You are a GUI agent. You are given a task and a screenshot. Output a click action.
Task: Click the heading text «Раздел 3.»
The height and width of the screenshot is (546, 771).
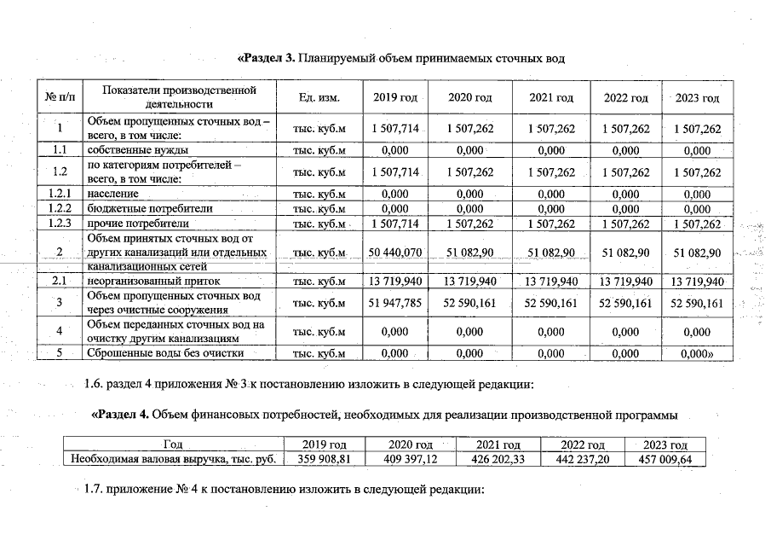point(266,58)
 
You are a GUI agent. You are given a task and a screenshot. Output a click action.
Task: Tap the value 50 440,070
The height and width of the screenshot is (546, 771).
point(394,253)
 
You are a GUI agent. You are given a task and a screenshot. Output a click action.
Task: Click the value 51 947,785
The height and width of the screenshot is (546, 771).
point(394,303)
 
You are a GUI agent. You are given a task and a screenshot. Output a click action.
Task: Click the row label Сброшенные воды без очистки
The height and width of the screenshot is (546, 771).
point(165,352)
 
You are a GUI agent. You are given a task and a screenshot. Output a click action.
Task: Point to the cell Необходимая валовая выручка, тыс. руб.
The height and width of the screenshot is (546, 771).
point(173,459)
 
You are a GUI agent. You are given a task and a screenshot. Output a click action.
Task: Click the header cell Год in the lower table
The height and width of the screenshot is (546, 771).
point(173,444)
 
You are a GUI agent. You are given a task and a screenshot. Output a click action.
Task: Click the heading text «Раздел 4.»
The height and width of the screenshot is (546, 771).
point(120,415)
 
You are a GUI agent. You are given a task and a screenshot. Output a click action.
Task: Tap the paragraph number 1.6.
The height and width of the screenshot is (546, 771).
point(94,384)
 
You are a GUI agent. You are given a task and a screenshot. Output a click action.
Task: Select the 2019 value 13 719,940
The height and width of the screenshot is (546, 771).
point(394,281)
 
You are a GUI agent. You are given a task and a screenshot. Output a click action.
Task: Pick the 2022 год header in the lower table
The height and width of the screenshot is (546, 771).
point(583,444)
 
